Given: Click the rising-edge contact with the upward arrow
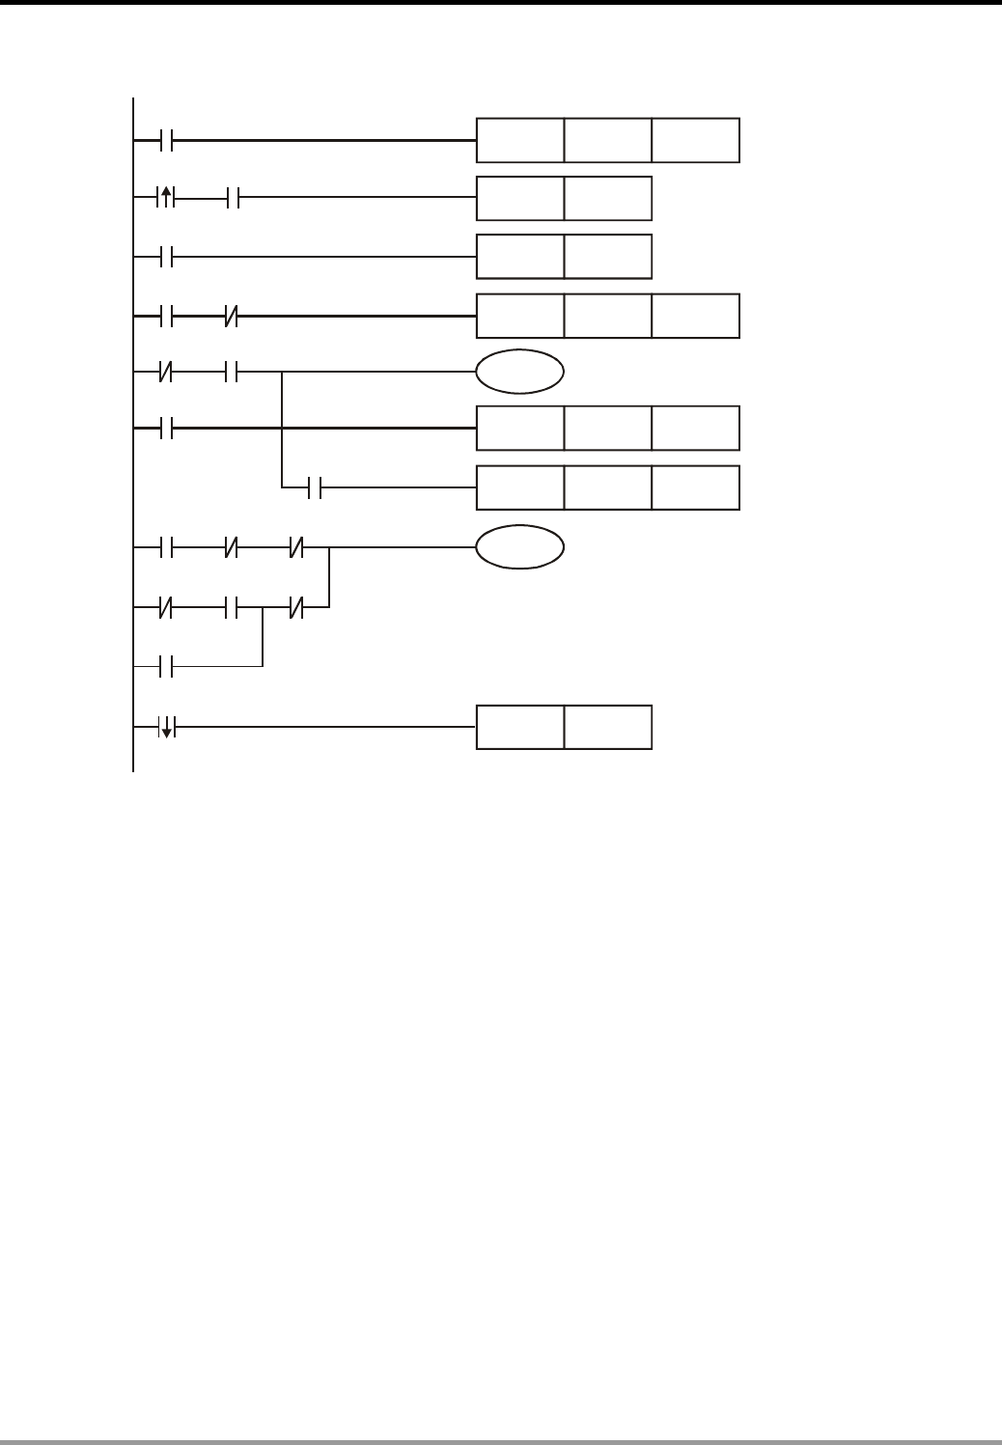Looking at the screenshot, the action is [165, 199].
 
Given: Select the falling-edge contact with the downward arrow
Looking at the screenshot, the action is [165, 728].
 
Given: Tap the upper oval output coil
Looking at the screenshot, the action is [519, 372].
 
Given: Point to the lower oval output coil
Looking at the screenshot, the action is [519, 547].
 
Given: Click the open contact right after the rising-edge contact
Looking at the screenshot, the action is [232, 199].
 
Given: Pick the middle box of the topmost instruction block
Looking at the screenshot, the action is [607, 140].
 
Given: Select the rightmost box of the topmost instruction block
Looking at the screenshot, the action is [695, 140].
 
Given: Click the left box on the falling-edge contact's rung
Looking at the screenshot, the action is [519, 728].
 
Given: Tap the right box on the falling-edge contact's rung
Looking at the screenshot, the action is [607, 728].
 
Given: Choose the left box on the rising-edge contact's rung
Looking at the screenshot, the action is [519, 199].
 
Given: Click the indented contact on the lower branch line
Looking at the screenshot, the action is [314, 488].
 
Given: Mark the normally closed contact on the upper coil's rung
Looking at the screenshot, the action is [165, 372].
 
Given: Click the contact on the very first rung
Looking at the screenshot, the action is [165, 140].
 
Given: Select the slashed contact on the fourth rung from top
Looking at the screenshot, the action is [232, 316].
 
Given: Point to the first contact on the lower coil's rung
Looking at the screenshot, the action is [165, 547].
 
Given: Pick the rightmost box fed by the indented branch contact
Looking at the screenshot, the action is [695, 488].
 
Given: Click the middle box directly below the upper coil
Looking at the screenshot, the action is [607, 429].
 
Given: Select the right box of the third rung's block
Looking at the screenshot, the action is [607, 257].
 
